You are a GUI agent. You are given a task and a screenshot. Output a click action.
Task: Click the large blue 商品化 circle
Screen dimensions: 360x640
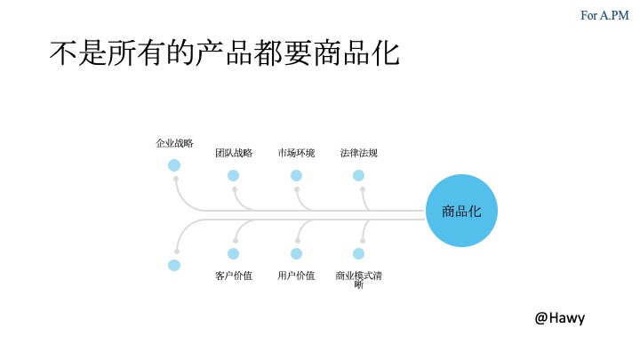pos(461,212)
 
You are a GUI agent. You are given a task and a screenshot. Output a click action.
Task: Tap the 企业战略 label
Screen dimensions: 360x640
pos(174,142)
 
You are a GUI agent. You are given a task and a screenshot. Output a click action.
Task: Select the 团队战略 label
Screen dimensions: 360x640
pos(234,153)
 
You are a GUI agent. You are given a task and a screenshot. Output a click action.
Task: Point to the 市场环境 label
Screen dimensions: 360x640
pos(296,153)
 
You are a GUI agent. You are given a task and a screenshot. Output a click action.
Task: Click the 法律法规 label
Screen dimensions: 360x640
pos(358,153)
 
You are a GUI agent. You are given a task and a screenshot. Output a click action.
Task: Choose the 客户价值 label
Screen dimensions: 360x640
pos(234,276)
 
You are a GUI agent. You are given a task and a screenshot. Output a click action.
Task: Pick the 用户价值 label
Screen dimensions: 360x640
pos(296,276)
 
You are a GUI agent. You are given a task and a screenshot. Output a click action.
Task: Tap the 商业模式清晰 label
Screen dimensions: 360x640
pos(358,280)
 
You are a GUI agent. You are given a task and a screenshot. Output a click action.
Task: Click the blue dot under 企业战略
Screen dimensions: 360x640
pos(174,165)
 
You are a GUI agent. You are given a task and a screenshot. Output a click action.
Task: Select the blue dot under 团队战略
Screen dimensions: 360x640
pos(234,175)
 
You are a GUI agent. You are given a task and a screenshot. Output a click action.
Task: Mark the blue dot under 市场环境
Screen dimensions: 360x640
pos(296,175)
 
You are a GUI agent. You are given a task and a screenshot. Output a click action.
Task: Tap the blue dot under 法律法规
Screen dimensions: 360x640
pos(358,175)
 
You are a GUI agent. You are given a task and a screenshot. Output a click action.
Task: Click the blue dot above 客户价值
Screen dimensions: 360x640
pos(234,253)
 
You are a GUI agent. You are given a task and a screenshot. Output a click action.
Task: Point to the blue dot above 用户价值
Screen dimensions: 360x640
pos(296,253)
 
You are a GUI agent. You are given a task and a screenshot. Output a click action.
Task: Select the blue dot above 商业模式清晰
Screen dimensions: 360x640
pos(358,253)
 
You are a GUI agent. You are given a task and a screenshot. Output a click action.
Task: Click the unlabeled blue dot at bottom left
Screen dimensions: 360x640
pos(174,265)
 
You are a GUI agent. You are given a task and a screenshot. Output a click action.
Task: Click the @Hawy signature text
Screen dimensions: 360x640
pos(560,317)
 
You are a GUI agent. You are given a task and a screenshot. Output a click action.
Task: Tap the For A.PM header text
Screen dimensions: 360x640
pos(604,14)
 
